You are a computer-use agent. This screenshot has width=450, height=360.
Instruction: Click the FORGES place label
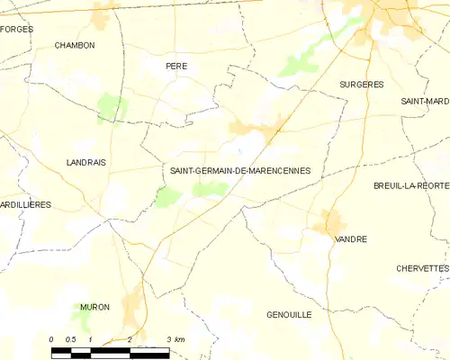click(16, 30)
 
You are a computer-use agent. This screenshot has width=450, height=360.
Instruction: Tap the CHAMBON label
click(74, 45)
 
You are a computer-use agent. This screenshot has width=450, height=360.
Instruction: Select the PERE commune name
click(175, 67)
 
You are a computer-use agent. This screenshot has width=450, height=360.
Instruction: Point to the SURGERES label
click(361, 84)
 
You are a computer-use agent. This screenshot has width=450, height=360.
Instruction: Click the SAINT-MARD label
click(425, 102)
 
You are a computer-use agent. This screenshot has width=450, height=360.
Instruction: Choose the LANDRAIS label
click(85, 162)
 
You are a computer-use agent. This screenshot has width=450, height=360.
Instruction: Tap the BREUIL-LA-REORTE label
click(411, 185)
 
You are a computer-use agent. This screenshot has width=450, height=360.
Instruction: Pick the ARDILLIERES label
click(25, 205)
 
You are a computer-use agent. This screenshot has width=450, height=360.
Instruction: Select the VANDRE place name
click(350, 239)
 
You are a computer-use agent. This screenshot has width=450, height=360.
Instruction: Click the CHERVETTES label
click(421, 268)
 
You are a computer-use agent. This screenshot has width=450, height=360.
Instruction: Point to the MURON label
click(94, 307)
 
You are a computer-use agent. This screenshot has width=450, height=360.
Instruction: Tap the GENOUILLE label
click(289, 315)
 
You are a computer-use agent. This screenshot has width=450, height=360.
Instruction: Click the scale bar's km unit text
click(179, 339)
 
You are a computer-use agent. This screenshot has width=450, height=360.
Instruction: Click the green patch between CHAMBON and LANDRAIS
click(112, 107)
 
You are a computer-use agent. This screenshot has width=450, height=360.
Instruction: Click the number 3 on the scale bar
click(169, 339)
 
